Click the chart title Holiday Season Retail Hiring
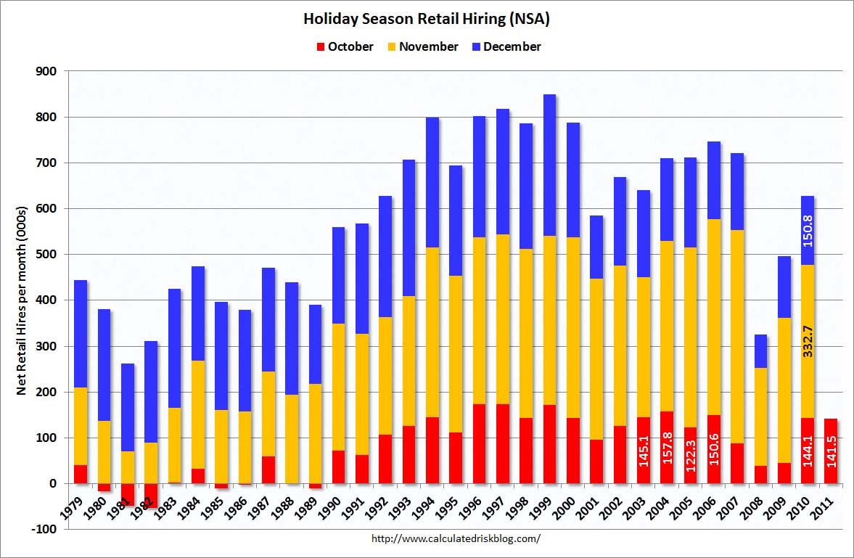coord(427,19)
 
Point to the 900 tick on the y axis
coord(48,71)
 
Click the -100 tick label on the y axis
coord(45,529)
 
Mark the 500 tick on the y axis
coord(48,255)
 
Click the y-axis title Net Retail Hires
coord(22,300)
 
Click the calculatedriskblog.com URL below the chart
coord(456,538)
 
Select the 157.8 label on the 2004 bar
coord(667,450)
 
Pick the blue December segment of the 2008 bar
coord(760,351)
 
